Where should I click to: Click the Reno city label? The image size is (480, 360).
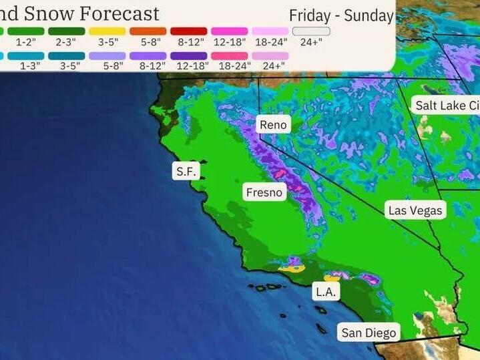tap(273, 125)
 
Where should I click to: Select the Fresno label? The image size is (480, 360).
tap(265, 192)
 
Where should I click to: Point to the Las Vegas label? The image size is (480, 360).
tap(415, 210)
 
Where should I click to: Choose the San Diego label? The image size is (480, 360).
tap(369, 333)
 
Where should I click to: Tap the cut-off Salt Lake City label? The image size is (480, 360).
tap(446, 106)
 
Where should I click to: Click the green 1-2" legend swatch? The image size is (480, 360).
tap(26, 31)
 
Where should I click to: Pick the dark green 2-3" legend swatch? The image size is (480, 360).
tap(67, 31)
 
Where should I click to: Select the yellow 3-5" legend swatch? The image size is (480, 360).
tap(107, 31)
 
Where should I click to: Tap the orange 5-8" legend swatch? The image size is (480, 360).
tap(148, 31)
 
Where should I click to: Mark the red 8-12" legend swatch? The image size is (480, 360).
tap(189, 31)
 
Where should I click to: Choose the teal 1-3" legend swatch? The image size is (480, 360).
tap(26, 55)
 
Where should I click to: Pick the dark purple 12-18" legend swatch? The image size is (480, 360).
tap(189, 55)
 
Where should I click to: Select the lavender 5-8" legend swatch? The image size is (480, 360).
tap(107, 55)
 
